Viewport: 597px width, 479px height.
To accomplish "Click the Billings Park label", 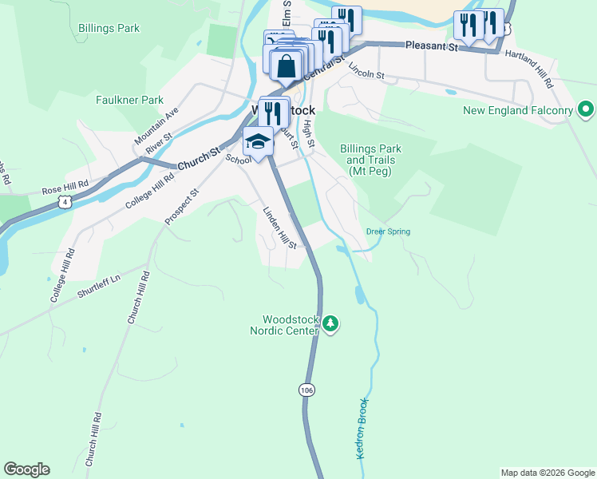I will click(x=109, y=29).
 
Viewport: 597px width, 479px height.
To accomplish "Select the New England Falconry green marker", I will click(x=586, y=109).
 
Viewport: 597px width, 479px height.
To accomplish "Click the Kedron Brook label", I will click(x=361, y=428).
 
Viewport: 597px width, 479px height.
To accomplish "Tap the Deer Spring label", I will click(x=388, y=232).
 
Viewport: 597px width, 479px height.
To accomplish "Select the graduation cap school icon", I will click(x=258, y=142).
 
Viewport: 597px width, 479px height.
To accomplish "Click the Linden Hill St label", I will click(x=280, y=228).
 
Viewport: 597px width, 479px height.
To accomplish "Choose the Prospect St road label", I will click(x=181, y=205).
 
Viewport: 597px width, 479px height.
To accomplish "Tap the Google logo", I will click(x=26, y=469).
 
